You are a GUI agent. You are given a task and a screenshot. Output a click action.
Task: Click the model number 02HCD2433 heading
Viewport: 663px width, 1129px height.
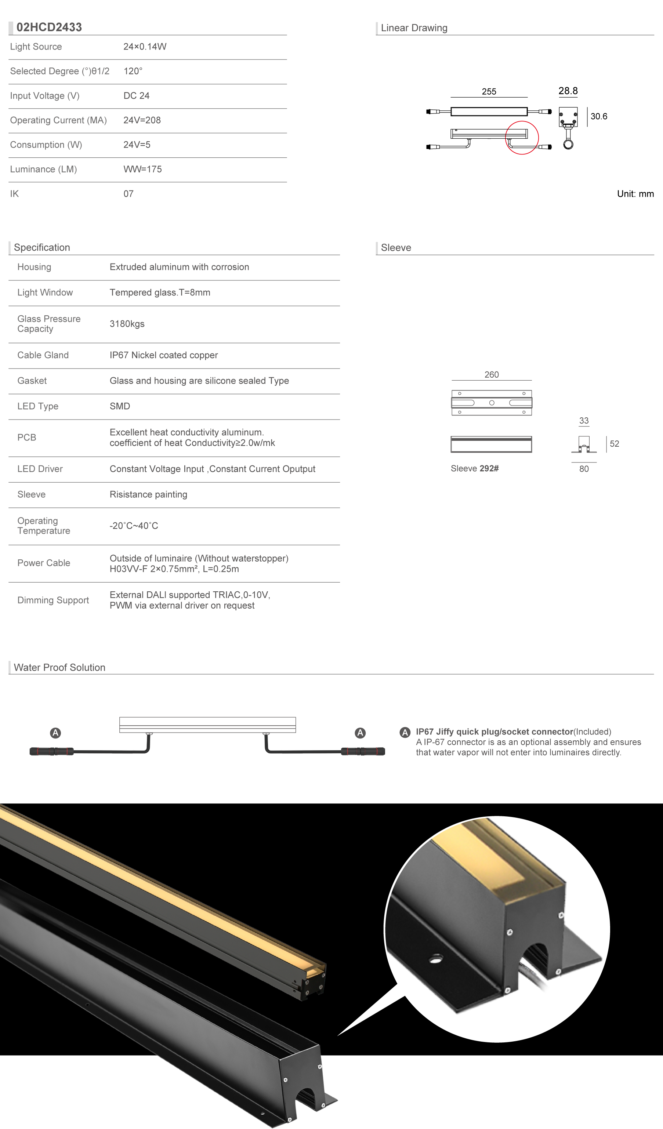coord(49,27)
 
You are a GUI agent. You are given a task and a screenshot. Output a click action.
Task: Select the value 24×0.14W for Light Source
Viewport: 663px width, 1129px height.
coord(145,47)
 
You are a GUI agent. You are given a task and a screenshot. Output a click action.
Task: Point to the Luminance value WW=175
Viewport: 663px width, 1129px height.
coord(142,169)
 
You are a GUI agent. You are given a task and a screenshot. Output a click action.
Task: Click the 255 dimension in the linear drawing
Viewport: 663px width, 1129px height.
coord(489,91)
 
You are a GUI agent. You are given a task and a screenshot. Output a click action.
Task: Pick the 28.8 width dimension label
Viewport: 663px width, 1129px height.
coord(568,91)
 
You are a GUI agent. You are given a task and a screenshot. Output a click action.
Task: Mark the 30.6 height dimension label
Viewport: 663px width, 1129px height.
coord(598,116)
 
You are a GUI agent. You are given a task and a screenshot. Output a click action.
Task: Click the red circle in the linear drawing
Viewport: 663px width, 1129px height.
coord(522,138)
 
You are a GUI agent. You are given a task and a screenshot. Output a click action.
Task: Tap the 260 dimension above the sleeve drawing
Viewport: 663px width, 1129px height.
coord(492,374)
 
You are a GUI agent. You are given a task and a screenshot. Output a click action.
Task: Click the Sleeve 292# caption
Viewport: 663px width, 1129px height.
coord(474,469)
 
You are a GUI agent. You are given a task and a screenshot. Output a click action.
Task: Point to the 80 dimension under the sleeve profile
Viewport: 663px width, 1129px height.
coord(584,469)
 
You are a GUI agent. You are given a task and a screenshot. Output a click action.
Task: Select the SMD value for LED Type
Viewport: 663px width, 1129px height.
coord(120,406)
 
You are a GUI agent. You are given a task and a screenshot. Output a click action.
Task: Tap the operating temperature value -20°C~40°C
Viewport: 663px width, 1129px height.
coord(134,526)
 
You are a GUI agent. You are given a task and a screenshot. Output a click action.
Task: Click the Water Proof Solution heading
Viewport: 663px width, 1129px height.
coord(59,668)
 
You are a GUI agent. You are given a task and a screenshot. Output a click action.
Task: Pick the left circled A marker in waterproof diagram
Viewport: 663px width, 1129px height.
coord(55,733)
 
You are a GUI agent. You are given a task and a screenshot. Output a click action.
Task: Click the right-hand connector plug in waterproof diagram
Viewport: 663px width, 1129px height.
coord(363,751)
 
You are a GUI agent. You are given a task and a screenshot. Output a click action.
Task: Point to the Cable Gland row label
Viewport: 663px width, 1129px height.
coord(43,355)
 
